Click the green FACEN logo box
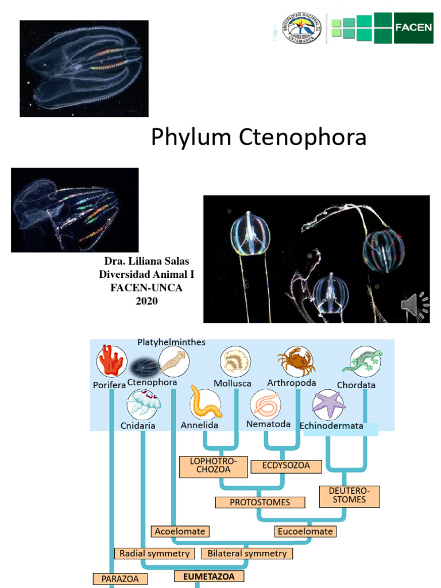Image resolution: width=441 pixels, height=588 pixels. [x=413, y=28]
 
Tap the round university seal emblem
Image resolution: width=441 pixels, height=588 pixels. [x=301, y=28]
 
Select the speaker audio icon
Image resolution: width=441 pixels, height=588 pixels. [x=414, y=305]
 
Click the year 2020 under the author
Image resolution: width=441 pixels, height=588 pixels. [x=146, y=301]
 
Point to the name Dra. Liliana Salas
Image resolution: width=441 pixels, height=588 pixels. [x=146, y=262]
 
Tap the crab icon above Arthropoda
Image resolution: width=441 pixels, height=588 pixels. [x=296, y=362]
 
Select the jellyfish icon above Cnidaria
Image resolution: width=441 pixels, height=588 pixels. [x=143, y=404]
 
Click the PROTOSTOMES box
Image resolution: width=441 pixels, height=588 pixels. [x=260, y=502]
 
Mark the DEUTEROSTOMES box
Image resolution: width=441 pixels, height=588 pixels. [x=350, y=496]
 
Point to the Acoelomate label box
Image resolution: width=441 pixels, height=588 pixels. [x=180, y=531]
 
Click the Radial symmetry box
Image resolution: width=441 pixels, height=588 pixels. [x=154, y=554]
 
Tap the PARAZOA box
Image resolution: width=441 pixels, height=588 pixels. [x=120, y=579]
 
